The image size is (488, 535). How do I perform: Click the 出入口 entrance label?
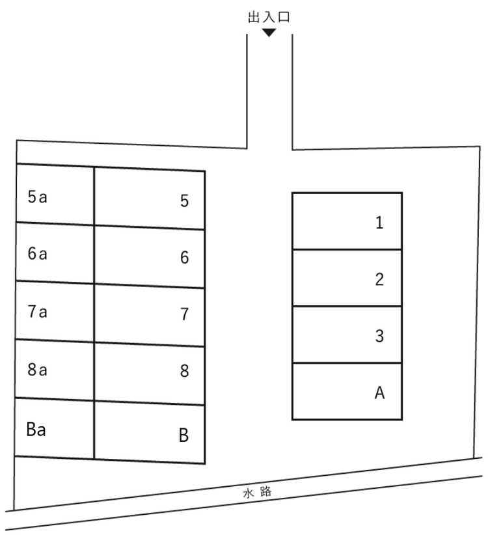coord(269,18)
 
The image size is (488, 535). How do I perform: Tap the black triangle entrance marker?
coord(269,33)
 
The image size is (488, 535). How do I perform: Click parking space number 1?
coord(347,221)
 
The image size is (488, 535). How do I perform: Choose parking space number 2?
coord(347,278)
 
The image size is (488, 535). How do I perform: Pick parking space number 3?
coord(347,335)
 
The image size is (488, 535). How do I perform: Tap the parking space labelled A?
coord(347,391)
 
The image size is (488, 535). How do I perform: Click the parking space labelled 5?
coord(150,199)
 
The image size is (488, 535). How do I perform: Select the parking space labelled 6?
coord(150,256)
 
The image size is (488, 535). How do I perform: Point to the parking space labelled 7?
coord(150,314)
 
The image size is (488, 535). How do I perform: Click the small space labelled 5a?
coord(55,194)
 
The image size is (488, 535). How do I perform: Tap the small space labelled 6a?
coord(55,252)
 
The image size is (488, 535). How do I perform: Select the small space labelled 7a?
coord(55,310)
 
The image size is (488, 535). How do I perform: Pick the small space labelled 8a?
coord(55,369)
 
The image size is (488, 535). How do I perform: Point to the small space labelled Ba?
coord(54,428)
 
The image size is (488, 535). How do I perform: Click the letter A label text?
coord(379,392)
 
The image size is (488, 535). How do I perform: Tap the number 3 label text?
coord(379,336)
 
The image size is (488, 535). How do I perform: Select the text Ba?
coord(36,430)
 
